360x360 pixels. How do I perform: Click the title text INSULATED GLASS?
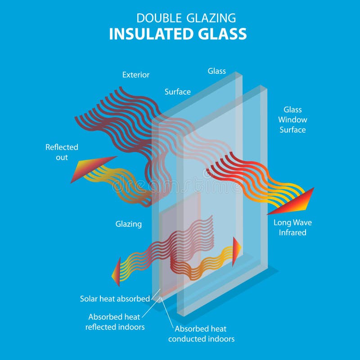coord(178,34)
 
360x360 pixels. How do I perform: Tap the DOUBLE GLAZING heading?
coord(186,18)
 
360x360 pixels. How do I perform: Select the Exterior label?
coord(135,75)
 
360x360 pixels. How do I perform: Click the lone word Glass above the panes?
coord(216,71)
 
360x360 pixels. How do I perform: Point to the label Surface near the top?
coord(177,92)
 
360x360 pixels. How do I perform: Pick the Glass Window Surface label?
coord(292,120)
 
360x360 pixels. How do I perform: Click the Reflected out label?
coord(62,152)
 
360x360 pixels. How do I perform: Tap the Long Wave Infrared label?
coord(292,228)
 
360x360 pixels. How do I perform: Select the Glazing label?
coord(129,224)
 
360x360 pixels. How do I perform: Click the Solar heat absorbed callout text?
coord(115,298)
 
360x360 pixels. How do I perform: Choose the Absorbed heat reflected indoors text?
coord(115,322)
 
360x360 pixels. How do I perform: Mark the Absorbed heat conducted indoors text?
coord(201,333)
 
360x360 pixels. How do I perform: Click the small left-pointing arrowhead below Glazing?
coord(116,272)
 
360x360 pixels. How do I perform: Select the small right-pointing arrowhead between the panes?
coord(236,251)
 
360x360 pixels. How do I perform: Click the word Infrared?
coord(292,233)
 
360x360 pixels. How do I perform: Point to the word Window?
coord(292,120)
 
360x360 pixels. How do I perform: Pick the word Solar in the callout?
coord(89,298)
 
